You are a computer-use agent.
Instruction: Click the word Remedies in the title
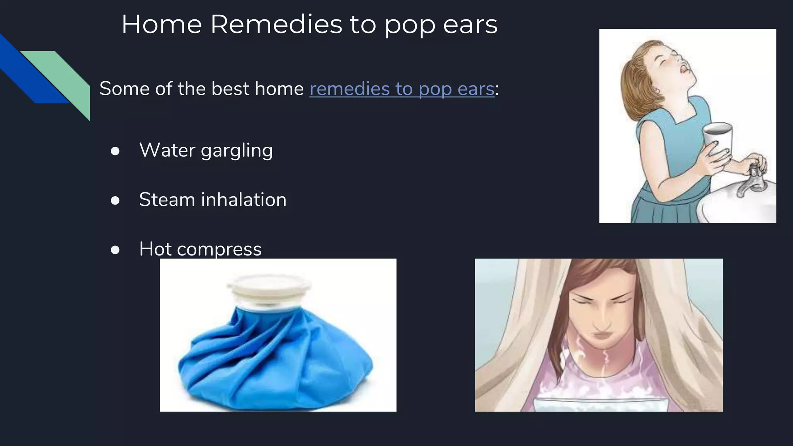[x=276, y=24]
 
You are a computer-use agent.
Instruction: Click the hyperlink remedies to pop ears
[x=402, y=89]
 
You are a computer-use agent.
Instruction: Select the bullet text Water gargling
[x=206, y=150]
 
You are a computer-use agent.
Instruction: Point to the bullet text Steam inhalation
[x=213, y=200]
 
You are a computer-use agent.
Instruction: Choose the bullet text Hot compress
[x=200, y=249]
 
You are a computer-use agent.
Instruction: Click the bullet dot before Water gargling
[x=115, y=151]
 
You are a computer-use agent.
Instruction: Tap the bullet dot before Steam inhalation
[x=115, y=201]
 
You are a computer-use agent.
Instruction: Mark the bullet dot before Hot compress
[x=115, y=250]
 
